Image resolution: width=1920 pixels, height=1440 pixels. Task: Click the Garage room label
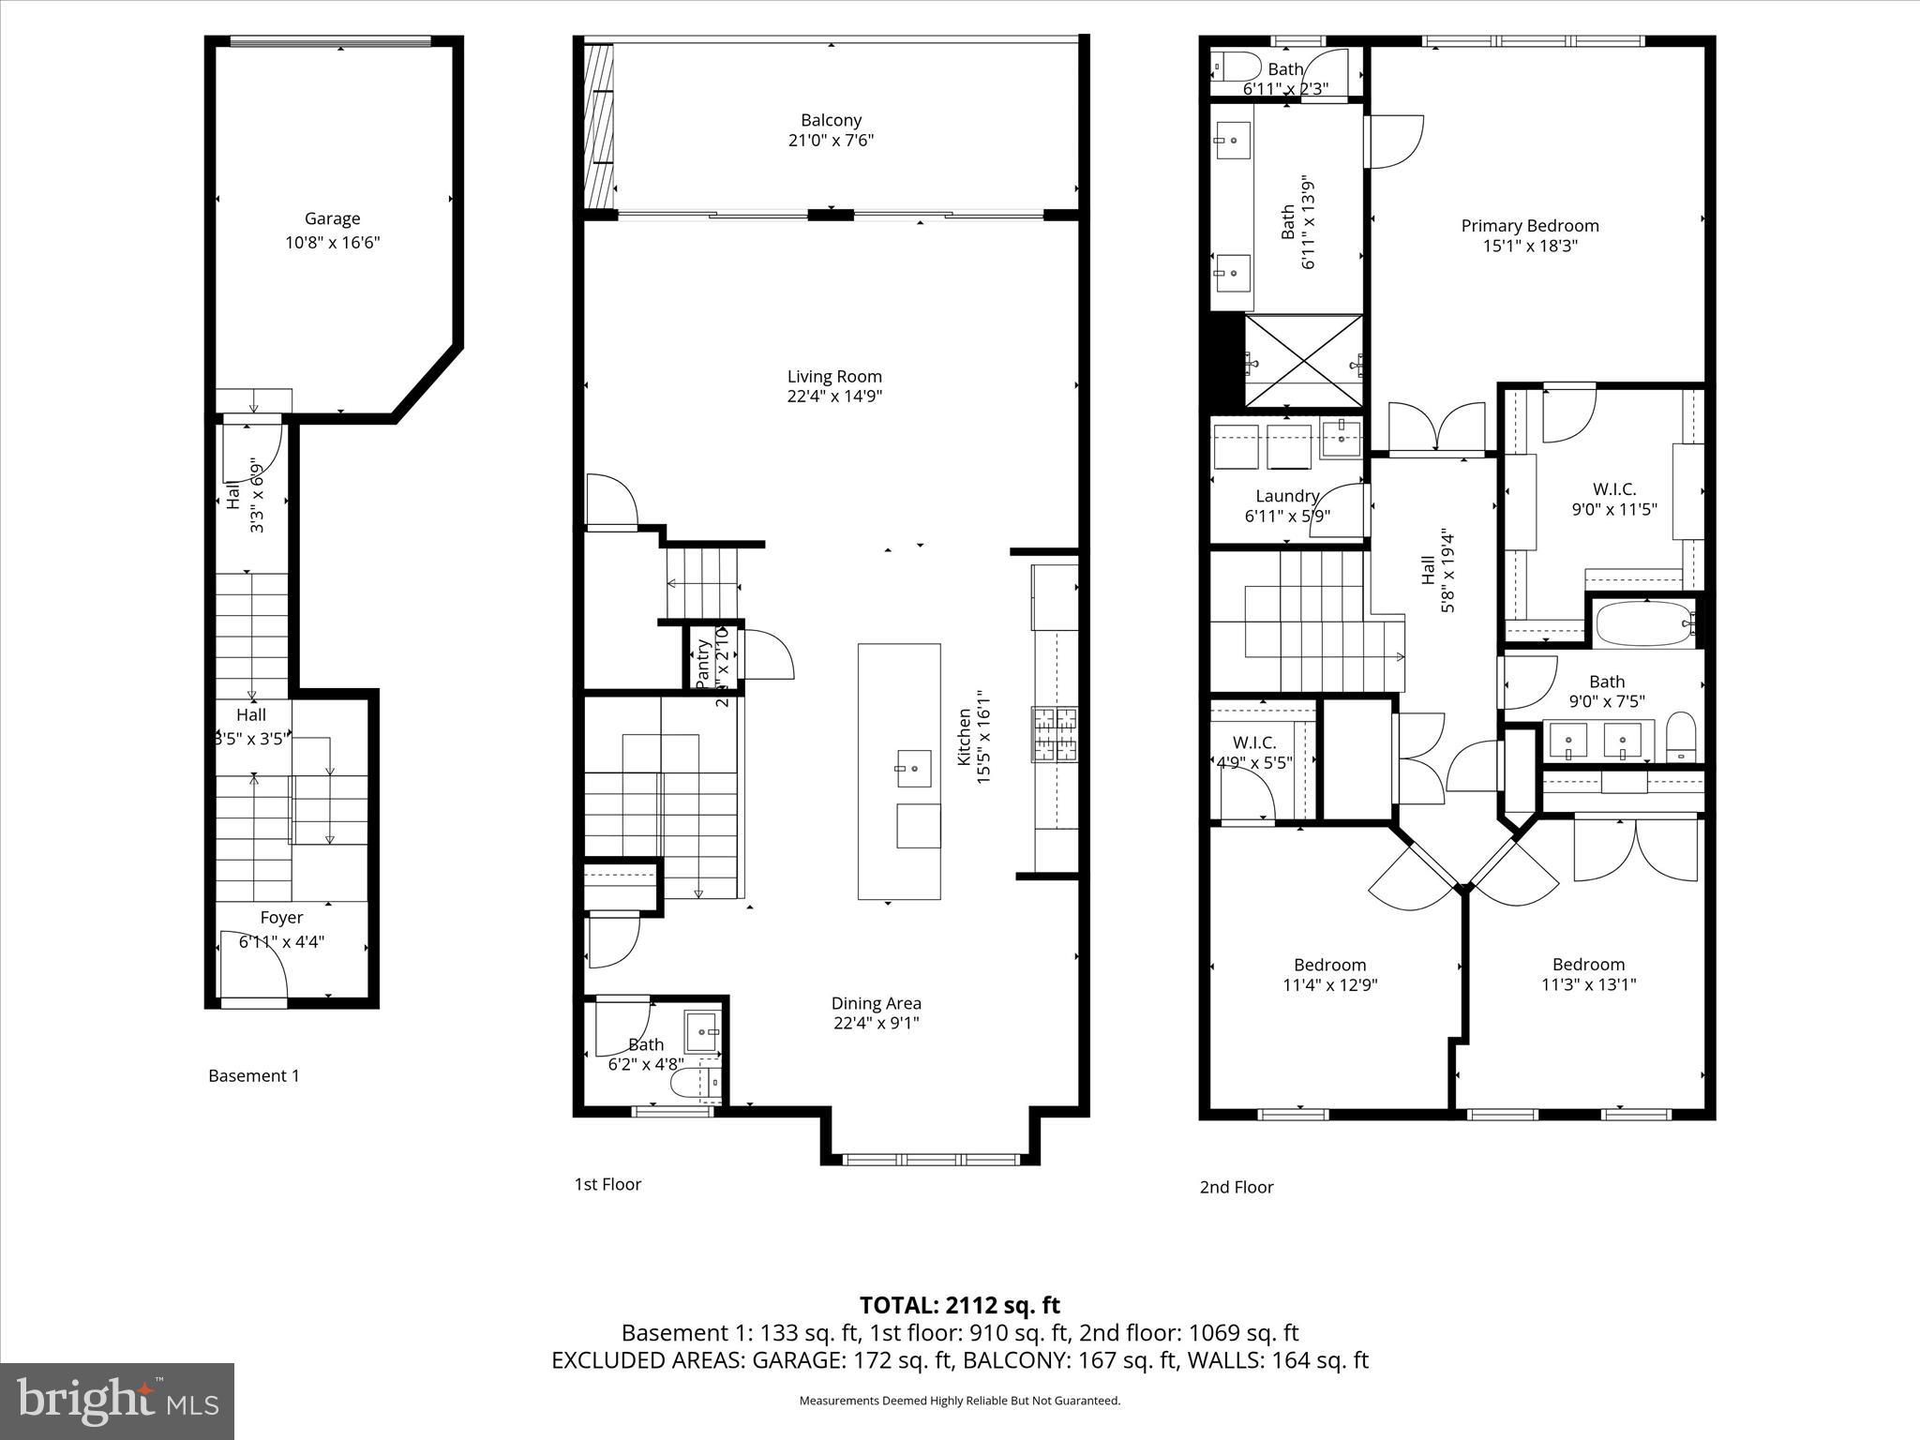332,218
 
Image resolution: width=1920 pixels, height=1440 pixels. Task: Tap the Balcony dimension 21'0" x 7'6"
831,141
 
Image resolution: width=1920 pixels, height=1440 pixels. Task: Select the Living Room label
834,376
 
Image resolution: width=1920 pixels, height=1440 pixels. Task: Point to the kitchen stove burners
1055,734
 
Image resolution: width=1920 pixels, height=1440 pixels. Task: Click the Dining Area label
876,1003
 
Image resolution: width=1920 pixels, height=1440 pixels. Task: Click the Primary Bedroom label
1529,225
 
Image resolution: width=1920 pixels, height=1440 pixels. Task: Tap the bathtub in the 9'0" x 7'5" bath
1643,623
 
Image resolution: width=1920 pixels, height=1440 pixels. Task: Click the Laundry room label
1287,496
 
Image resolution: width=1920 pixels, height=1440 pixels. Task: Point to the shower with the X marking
1304,361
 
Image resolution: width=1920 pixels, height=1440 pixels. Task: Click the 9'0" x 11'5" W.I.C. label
1613,488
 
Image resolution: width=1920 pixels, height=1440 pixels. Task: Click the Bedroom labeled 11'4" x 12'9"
1329,965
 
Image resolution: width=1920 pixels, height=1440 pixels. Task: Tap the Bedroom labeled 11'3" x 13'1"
1588,964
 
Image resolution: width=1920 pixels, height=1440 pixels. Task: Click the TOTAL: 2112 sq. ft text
959,1304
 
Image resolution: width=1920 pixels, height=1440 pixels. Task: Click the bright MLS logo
117,1401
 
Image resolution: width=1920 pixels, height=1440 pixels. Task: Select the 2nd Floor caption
1236,1187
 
